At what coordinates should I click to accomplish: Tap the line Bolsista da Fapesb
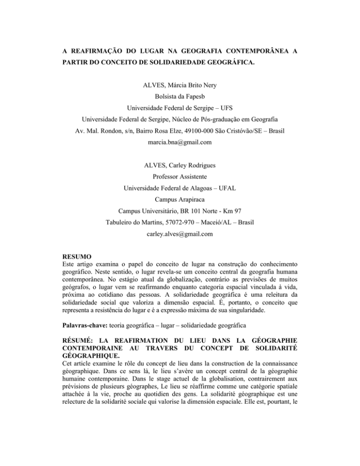click(180, 99)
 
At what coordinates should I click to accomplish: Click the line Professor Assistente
click(180, 191)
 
